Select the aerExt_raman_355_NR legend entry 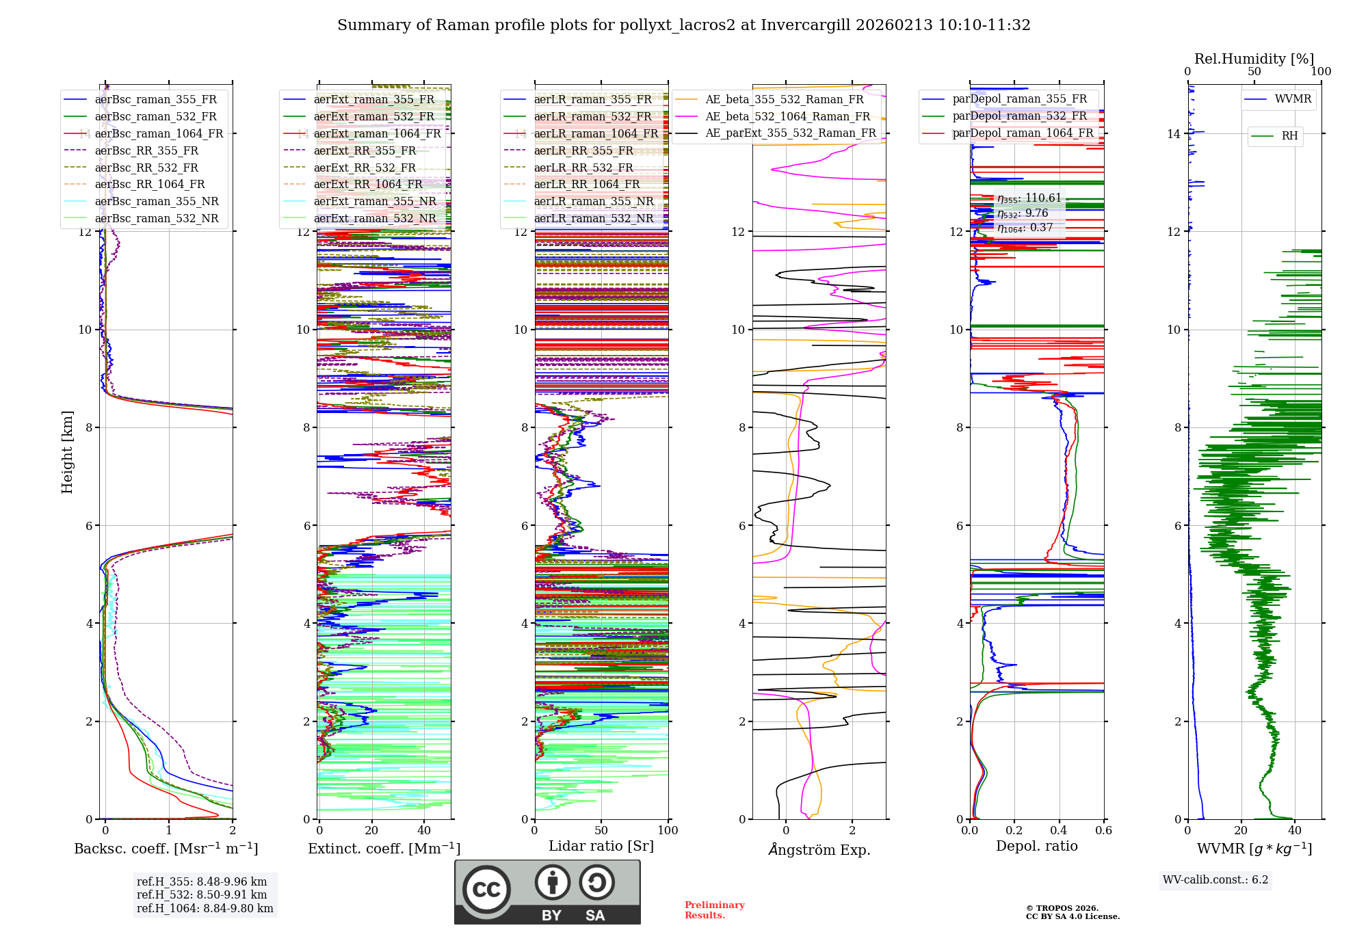(375, 202)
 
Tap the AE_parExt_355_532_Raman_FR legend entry (790, 133)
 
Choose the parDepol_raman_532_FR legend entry (1019, 116)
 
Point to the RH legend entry (1289, 136)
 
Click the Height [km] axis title (67, 452)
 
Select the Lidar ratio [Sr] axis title (601, 847)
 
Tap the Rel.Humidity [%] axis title (1254, 59)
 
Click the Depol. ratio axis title (1036, 847)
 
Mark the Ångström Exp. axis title (819, 850)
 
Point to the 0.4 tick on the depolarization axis (1059, 831)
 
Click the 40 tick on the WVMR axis (1295, 831)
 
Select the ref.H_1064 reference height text (205, 909)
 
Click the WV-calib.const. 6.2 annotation (1215, 880)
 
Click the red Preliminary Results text (714, 910)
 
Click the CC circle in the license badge (486, 889)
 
